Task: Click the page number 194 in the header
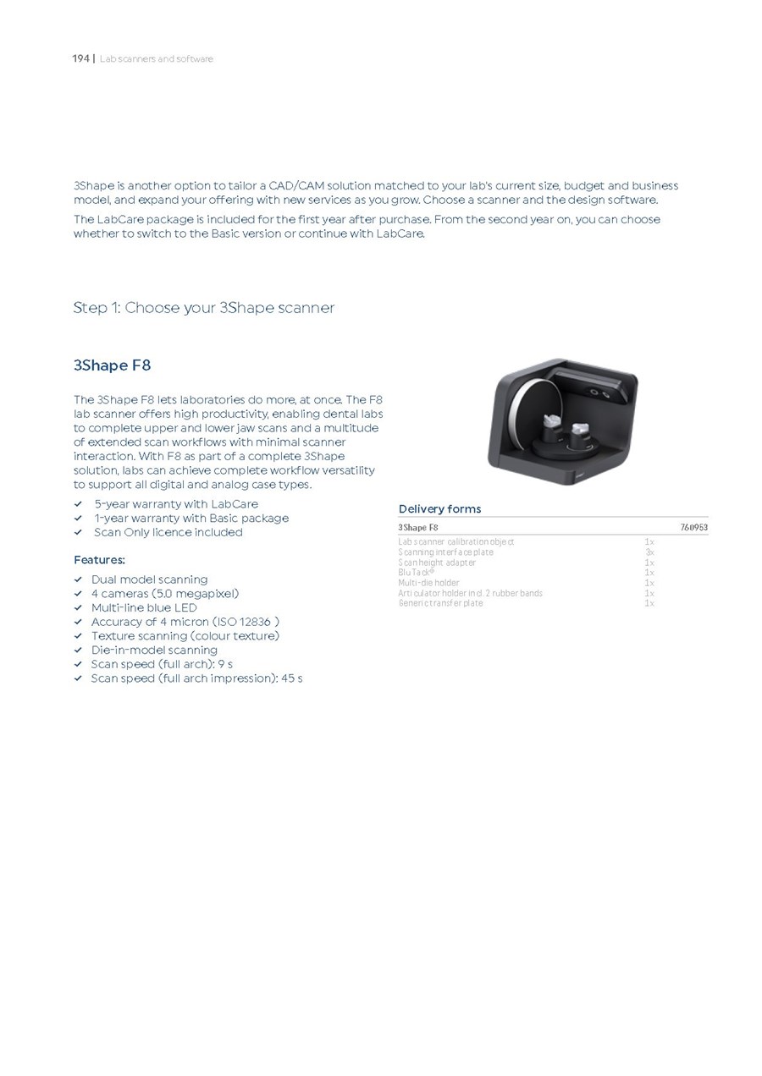coord(80,58)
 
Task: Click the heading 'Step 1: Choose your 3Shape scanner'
coord(203,308)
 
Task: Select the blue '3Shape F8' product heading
coord(112,365)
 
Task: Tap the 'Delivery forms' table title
coord(439,508)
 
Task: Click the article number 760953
coord(693,528)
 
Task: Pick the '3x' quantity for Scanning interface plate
coord(649,552)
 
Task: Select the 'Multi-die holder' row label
coord(428,583)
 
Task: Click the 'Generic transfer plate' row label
coord(440,603)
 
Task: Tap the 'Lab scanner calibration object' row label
coord(456,541)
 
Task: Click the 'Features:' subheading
coord(99,560)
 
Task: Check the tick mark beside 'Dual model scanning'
coord(78,579)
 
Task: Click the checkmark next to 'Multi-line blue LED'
coord(78,607)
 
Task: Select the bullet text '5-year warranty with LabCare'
coord(176,504)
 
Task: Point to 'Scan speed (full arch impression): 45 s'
coord(196,678)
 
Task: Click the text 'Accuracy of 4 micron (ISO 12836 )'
coord(185,622)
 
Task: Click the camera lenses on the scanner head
coord(599,392)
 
